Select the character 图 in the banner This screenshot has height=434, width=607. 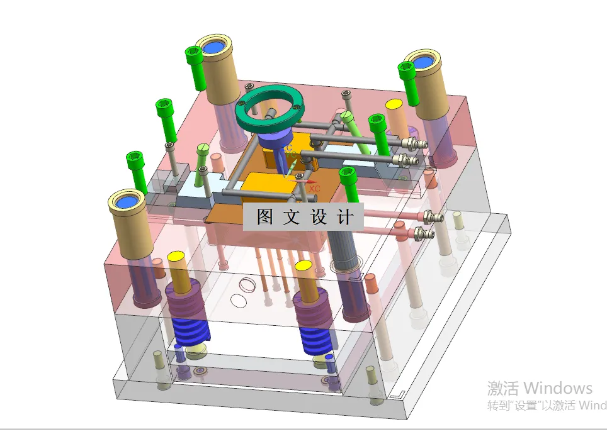tap(264, 218)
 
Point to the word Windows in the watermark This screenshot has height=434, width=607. tap(557, 387)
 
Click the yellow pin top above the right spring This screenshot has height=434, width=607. tap(305, 266)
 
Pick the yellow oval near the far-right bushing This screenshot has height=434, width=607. tap(394, 104)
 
